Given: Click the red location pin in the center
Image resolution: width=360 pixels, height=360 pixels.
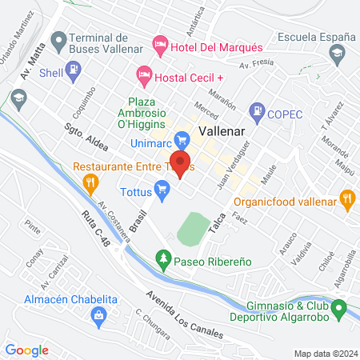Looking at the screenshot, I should (x=181, y=164).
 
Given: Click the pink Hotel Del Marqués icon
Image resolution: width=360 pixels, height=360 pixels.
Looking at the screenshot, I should (x=160, y=42).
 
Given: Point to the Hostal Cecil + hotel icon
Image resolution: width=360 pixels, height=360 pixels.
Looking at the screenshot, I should (x=144, y=75).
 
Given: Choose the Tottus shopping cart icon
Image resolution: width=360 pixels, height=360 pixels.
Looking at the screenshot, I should (x=162, y=190).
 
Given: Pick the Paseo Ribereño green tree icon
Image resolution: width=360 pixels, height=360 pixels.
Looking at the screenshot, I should (x=163, y=258).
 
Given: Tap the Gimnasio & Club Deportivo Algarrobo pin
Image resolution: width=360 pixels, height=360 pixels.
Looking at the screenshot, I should (x=339, y=306).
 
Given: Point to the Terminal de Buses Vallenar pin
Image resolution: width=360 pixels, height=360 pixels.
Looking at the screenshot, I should (x=58, y=39).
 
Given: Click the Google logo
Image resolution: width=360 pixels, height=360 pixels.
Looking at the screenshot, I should (x=26, y=350).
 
